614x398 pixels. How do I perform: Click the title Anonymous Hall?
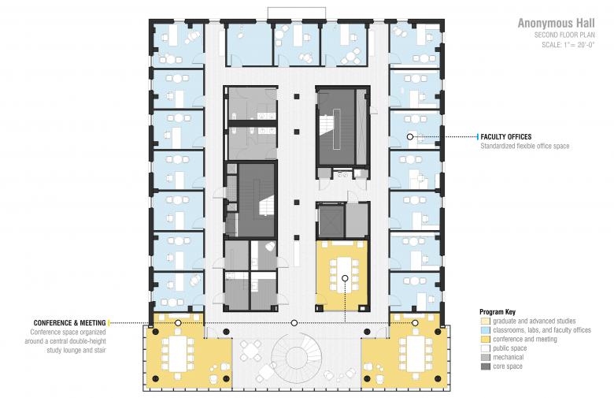click(556, 23)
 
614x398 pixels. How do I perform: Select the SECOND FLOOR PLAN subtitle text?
click(564, 35)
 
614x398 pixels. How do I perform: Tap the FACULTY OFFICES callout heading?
click(506, 137)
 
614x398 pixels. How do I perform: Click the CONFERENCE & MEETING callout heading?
click(70, 323)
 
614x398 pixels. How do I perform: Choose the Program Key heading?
click(497, 312)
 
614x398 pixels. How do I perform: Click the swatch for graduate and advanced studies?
click(486, 321)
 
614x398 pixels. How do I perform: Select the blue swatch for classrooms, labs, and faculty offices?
click(486, 330)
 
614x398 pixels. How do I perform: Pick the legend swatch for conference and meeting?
click(486, 339)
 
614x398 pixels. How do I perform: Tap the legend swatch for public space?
click(486, 348)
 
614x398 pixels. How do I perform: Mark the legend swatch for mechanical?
click(486, 357)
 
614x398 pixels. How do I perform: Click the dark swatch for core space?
click(486, 366)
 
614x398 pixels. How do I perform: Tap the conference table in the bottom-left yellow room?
click(178, 354)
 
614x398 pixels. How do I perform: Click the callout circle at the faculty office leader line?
click(410, 137)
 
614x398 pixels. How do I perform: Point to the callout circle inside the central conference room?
click(345, 278)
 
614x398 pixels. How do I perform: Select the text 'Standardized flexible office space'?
click(525, 147)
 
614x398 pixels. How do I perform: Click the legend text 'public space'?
click(510, 348)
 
